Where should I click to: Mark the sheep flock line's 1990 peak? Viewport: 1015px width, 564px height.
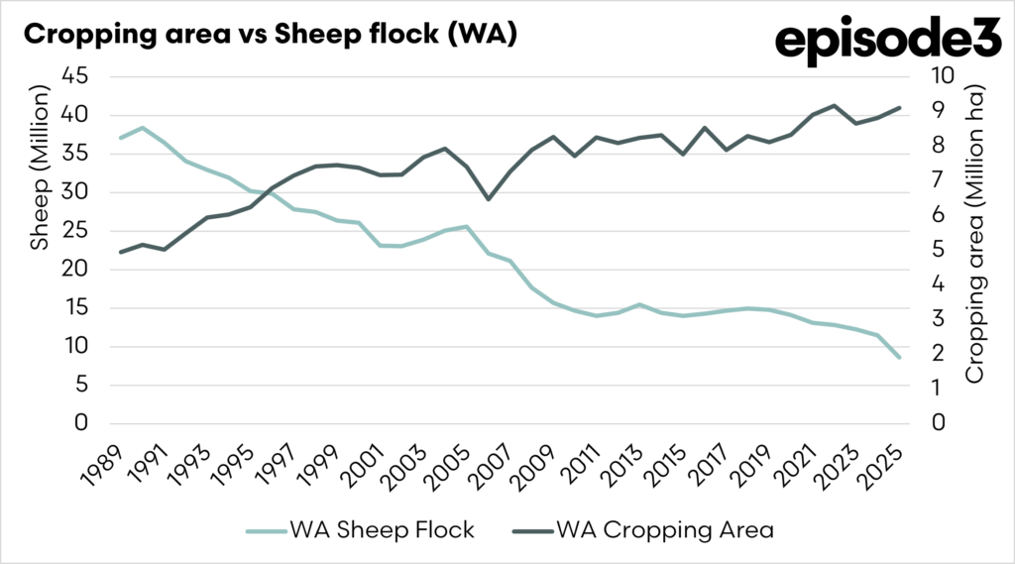click(x=143, y=128)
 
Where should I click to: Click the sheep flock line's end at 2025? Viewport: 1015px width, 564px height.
click(x=899, y=357)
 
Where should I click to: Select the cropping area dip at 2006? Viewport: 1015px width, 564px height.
click(x=487, y=199)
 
